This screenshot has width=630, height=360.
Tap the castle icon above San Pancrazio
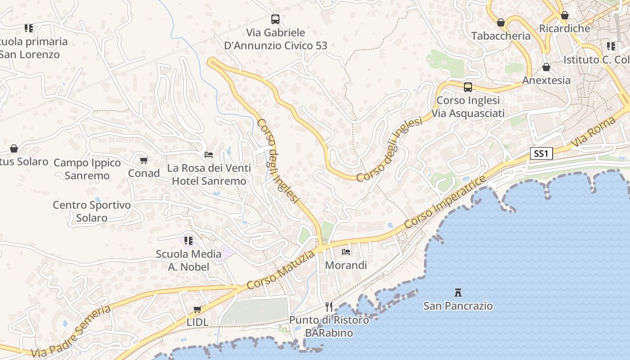pyautogui.click(x=458, y=292)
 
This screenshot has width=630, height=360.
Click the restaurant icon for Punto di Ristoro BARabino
pyautogui.click(x=329, y=307)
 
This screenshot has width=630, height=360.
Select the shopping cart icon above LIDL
pyautogui.click(x=197, y=309)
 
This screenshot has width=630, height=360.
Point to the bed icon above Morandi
pyautogui.click(x=346, y=252)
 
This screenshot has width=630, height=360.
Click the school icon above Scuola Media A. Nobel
pyautogui.click(x=189, y=241)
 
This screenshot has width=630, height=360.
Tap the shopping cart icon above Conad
pyautogui.click(x=144, y=160)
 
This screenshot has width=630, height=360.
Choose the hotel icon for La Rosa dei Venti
pyautogui.click(x=209, y=155)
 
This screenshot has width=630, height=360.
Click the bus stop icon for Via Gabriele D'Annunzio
pyautogui.click(x=275, y=19)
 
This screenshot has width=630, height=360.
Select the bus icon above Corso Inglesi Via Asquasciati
pyautogui.click(x=468, y=87)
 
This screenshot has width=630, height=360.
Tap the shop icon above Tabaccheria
pyautogui.click(x=501, y=22)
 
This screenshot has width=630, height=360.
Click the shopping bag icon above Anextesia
pyautogui.click(x=546, y=67)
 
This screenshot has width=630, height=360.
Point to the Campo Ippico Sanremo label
pyautogui.click(x=87, y=169)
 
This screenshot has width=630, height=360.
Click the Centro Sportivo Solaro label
pyautogui.click(x=92, y=211)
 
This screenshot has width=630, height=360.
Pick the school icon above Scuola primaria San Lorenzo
pyautogui.click(x=29, y=28)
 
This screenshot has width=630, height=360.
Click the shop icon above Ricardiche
pyautogui.click(x=565, y=16)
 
